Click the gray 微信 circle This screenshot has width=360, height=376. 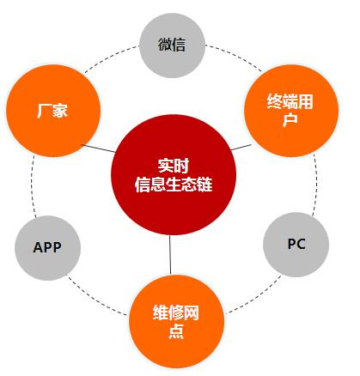(172, 45)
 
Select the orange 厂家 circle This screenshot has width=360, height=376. (53, 111)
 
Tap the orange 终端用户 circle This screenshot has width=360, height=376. (291, 111)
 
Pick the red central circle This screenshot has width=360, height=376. (174, 174)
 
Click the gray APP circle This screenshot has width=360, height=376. (47, 248)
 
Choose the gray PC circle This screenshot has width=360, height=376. (296, 245)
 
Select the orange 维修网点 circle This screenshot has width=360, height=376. (176, 321)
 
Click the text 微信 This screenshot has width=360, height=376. (172, 45)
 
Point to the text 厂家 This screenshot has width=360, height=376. (52, 111)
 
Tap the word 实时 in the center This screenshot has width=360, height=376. (174, 166)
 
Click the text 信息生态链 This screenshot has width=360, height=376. (174, 184)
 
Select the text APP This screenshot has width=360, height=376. (47, 247)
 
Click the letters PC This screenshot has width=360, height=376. (296, 244)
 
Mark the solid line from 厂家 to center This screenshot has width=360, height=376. (99, 149)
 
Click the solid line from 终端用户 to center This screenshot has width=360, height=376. (241, 147)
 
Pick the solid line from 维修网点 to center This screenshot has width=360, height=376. (170, 255)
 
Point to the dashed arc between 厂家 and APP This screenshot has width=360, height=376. (32, 186)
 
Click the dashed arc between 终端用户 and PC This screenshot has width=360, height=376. (316, 185)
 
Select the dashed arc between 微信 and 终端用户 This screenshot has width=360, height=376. (235, 55)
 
